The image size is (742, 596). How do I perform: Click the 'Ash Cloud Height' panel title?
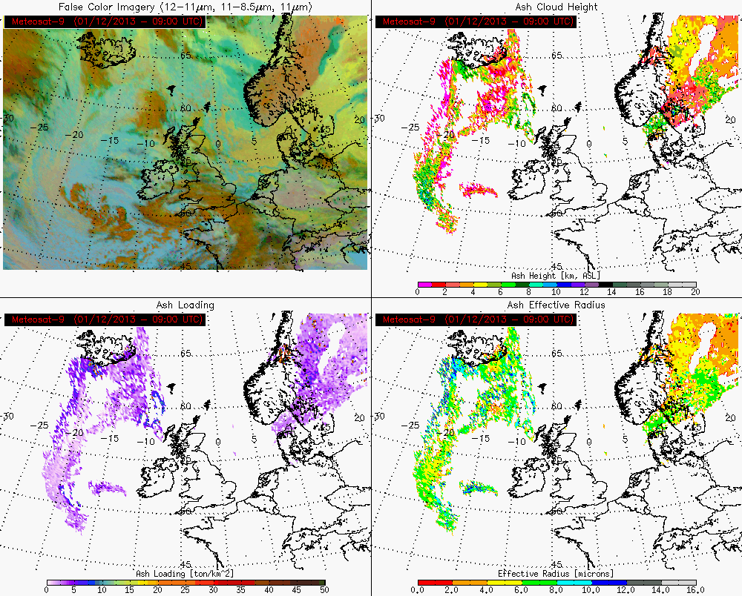pyautogui.click(x=556, y=7)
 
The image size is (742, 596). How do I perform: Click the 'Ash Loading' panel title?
pyautogui.click(x=185, y=305)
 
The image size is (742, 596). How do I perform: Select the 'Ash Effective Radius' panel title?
pyautogui.click(x=556, y=305)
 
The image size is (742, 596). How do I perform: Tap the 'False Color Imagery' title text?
pyautogui.click(x=185, y=7)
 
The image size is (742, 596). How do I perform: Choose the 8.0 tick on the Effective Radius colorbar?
pyautogui.click(x=556, y=591)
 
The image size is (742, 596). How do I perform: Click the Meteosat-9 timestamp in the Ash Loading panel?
pyautogui.click(x=105, y=319)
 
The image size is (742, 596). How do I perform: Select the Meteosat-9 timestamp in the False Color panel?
pyautogui.click(x=105, y=21)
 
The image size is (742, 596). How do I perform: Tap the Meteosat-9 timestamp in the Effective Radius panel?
pyautogui.click(x=476, y=319)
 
